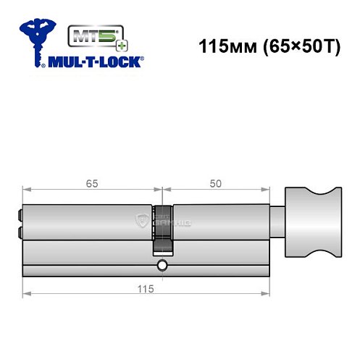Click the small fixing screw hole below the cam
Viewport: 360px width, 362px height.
point(162,264)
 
